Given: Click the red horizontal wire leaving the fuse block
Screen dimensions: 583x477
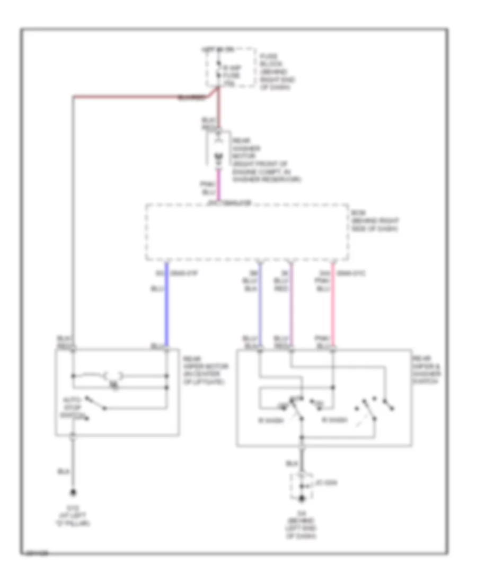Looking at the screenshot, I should [132, 96].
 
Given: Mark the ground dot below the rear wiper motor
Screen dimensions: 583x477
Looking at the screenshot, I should [74, 492].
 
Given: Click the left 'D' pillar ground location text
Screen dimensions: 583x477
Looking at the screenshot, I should [74, 516].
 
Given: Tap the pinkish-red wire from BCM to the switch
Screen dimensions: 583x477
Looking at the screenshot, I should [333, 307].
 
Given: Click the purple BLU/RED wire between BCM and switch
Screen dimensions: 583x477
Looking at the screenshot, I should [290, 307].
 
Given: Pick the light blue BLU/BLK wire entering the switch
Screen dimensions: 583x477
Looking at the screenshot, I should [260, 307].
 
